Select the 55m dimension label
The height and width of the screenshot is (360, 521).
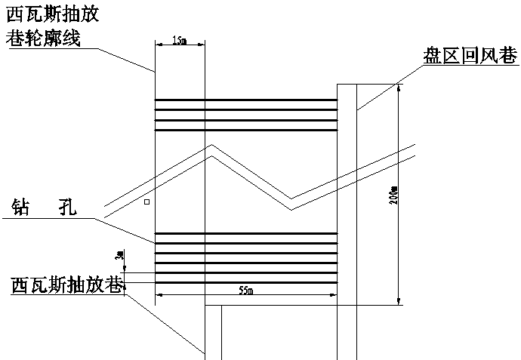245,291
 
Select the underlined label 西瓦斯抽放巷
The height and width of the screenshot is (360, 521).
66,285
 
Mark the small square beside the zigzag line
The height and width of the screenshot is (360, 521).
148,202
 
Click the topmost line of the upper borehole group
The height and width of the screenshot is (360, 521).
245,100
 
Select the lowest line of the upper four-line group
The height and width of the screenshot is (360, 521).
245,130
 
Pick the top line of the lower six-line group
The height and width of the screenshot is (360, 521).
245,234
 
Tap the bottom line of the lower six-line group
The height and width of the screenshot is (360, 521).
245,282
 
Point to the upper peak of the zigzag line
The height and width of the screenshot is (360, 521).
212,149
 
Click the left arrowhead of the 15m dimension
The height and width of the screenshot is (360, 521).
157,44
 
